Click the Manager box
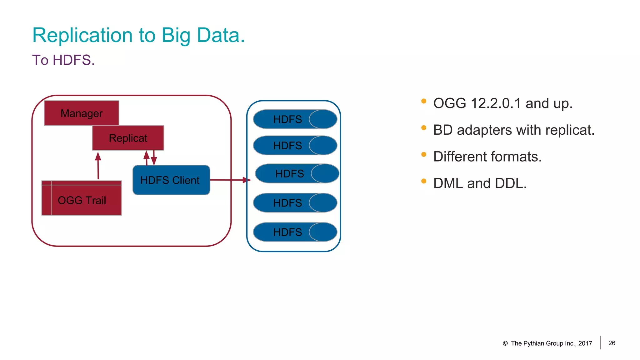tap(82, 113)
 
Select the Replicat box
tap(128, 138)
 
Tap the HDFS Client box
tap(171, 180)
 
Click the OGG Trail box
tap(82, 200)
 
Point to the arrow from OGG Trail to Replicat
tap(98, 166)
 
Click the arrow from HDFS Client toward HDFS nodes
tap(230, 180)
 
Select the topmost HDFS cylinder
tap(295, 119)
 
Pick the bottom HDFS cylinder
tap(295, 232)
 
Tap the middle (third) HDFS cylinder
tap(297, 173)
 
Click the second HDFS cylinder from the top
tap(295, 145)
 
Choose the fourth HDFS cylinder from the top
tap(295, 203)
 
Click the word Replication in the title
tap(82, 35)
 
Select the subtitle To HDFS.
tap(63, 60)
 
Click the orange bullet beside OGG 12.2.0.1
tap(424, 101)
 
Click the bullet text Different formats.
tap(487, 157)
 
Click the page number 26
tap(612, 343)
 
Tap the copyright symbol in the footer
tap(505, 343)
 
